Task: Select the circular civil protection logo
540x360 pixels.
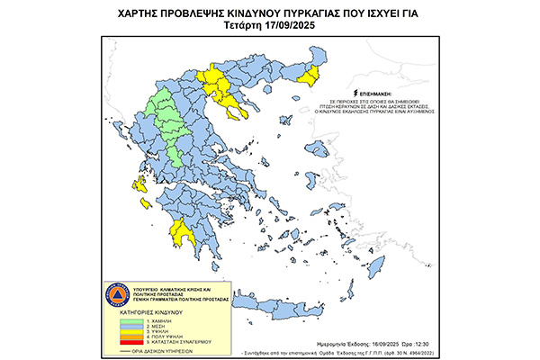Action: pyautogui.click(x=113, y=294)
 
